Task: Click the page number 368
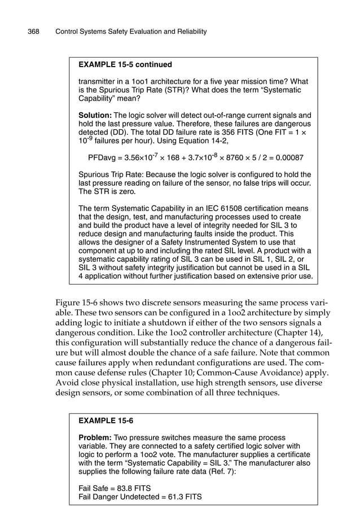[x=33, y=32]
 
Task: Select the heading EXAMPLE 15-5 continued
[x=125, y=64]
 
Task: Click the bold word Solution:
[x=95, y=115]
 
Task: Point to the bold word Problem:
[x=95, y=437]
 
